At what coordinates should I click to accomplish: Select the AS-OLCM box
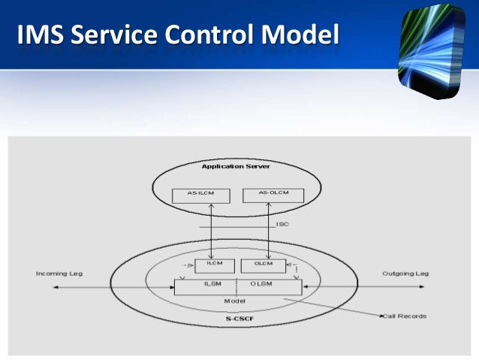pyautogui.click(x=273, y=194)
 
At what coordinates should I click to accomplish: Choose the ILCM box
pyautogui.click(x=215, y=265)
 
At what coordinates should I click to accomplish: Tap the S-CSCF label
pyautogui.click(x=239, y=319)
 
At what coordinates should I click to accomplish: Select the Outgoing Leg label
pyautogui.click(x=405, y=274)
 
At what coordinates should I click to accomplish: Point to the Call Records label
pyautogui.click(x=405, y=316)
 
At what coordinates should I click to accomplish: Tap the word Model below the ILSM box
pyautogui.click(x=235, y=300)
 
